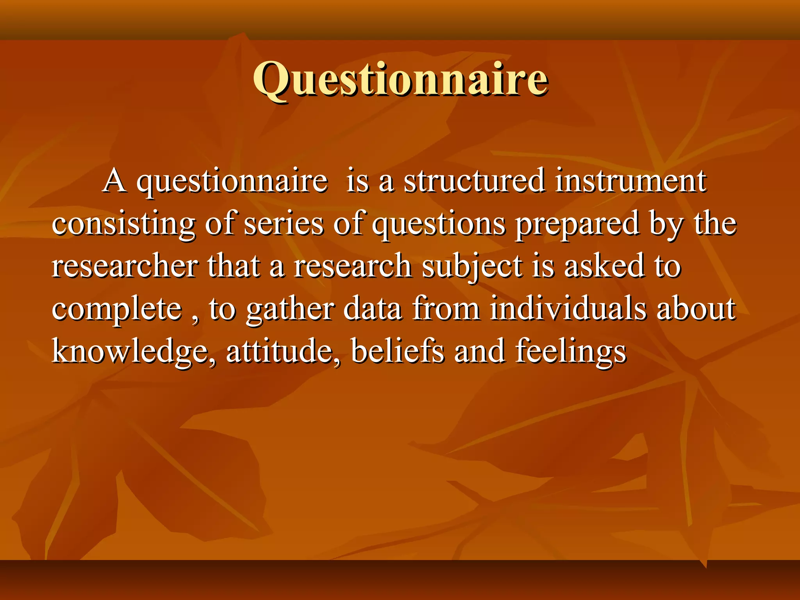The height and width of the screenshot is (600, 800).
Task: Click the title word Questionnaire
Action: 400,80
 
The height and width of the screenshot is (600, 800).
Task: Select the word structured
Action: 474,181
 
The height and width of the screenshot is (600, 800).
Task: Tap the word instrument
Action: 630,181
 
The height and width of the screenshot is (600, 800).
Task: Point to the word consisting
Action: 123,224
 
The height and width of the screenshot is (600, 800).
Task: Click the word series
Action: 284,224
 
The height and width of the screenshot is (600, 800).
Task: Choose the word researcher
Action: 125,266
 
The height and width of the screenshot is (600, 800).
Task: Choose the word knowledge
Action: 133,352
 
